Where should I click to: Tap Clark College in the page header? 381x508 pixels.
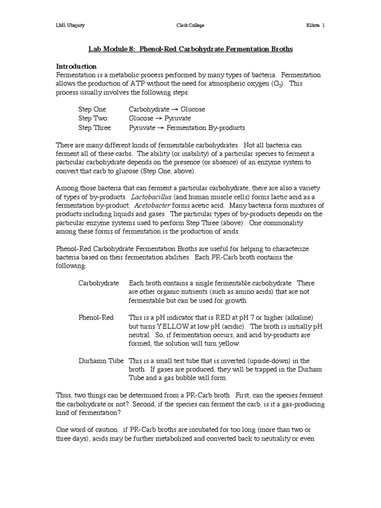[190, 25]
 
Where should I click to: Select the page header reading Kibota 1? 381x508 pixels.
[315, 25]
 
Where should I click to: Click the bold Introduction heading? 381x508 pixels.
[76, 66]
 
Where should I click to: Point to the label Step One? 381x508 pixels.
[93, 109]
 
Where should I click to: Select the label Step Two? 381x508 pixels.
[93, 119]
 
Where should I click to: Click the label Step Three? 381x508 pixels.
[95, 128]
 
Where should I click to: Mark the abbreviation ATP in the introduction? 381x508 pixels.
[157, 84]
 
